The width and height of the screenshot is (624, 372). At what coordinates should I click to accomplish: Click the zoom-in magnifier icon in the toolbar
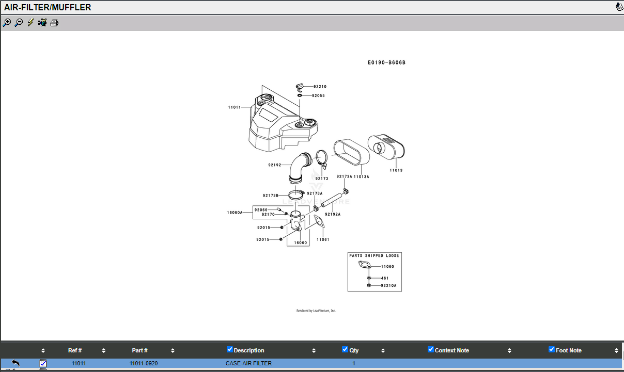tap(7, 23)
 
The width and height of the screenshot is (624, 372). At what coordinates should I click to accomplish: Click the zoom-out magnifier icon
tap(19, 23)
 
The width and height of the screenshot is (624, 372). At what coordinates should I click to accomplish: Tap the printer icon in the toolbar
tap(54, 23)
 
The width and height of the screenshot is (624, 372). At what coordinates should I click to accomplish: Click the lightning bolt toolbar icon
tap(30, 22)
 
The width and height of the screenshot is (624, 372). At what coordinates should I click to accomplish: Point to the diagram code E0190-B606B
tap(386, 62)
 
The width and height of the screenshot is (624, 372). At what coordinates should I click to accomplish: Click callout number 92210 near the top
tap(320, 87)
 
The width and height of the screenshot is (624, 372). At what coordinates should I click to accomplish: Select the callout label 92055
tap(318, 96)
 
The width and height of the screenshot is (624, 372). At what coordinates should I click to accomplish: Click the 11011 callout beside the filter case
tap(235, 107)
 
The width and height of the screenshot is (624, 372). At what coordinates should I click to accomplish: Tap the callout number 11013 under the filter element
tap(396, 170)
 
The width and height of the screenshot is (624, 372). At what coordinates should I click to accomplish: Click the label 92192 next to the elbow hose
tap(275, 165)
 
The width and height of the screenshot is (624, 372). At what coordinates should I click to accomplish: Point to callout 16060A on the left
tap(235, 213)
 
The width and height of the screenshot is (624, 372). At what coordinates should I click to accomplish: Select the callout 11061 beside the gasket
tap(323, 239)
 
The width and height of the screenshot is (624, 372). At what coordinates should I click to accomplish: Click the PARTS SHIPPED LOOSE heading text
tap(374, 256)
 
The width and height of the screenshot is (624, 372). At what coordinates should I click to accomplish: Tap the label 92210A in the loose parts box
tap(388, 285)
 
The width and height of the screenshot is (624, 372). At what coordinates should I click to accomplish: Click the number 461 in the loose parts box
tap(385, 278)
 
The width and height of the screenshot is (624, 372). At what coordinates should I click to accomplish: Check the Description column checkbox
tap(229, 349)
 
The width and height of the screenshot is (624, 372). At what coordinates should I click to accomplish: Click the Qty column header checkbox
tap(345, 349)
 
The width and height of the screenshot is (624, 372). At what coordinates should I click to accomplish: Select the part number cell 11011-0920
tap(144, 363)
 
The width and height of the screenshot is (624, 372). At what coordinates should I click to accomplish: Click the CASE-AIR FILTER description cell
tap(248, 363)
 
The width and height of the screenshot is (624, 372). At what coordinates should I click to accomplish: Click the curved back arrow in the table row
tap(16, 363)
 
